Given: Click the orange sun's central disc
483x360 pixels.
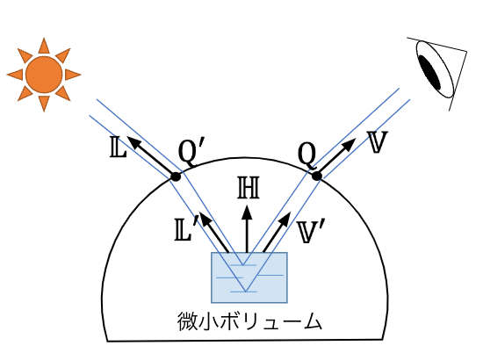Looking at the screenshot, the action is click(44, 75).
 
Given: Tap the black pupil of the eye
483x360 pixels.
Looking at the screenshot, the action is click(430, 73).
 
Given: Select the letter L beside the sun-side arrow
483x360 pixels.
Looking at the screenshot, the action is click(118, 148).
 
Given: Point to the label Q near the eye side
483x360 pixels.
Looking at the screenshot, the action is click(307, 155).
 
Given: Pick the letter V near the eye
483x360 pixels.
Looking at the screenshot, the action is click(378, 142).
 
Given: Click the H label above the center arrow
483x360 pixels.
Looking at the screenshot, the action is click(249, 188).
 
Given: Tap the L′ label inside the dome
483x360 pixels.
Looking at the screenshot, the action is click(184, 230).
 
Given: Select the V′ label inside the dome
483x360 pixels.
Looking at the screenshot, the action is click(311, 233).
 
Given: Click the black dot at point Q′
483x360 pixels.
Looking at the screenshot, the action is click(176, 176).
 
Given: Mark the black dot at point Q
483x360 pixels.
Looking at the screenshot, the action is click(317, 176).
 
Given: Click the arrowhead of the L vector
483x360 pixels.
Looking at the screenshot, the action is click(133, 142).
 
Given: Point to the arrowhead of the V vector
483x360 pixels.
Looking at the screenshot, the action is click(350, 144).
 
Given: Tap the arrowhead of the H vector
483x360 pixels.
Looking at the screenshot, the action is click(247, 213).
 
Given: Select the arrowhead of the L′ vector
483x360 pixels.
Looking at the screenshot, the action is click(205, 218).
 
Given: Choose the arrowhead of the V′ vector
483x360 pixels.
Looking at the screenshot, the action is click(285, 218).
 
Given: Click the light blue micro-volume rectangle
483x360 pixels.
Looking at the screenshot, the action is click(249, 277).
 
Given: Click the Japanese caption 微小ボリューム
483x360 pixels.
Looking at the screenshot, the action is click(249, 321).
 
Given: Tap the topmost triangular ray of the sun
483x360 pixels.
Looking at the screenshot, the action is click(44, 47).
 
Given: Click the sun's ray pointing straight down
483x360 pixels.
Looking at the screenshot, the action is click(44, 103).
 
